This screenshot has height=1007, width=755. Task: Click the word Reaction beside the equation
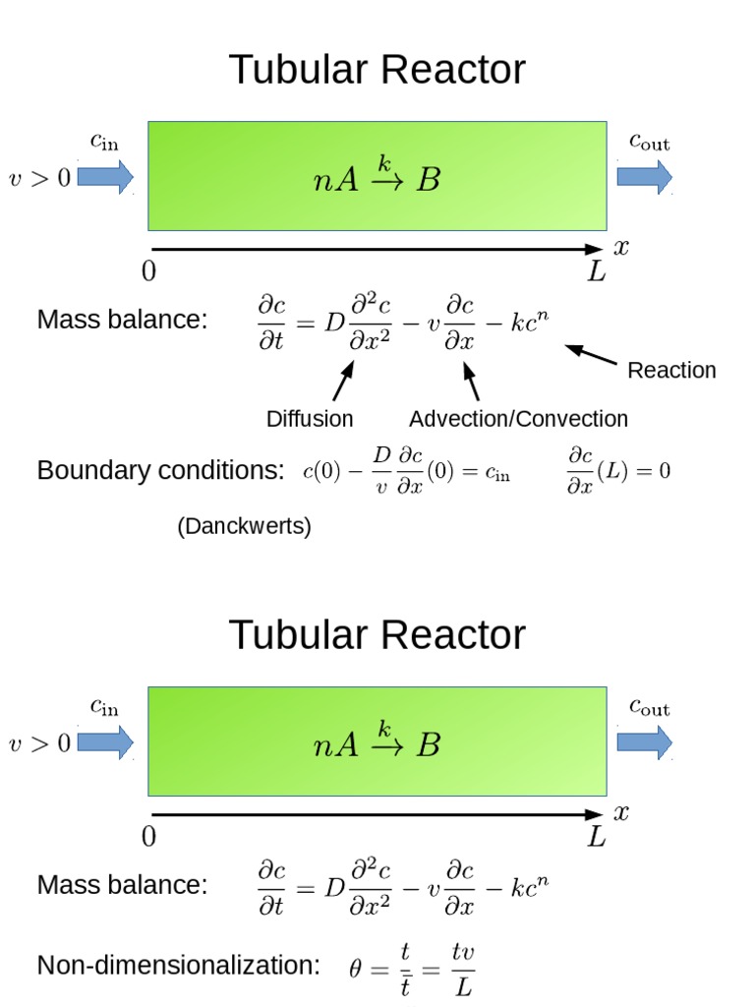tap(671, 370)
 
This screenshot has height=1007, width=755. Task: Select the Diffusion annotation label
tap(310, 419)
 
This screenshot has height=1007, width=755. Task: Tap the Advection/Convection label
tap(518, 419)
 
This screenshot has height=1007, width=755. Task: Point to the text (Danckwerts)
tap(244, 526)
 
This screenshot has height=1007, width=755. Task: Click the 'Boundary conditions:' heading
tap(161, 471)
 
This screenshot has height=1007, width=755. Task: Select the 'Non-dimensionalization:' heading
tap(178, 966)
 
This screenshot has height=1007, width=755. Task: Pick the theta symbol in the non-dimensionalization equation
tap(356, 969)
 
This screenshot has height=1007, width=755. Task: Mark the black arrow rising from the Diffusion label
tap(343, 382)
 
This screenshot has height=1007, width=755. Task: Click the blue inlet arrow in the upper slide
tap(104, 177)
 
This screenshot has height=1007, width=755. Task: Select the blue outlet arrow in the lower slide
tap(645, 741)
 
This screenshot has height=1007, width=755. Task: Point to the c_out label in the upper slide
tap(649, 143)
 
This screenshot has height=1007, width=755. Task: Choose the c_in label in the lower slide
tap(104, 706)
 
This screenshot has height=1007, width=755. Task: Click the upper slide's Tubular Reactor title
tap(377, 70)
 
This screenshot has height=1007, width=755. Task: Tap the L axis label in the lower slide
tap(597, 837)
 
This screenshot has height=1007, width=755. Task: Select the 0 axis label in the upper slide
tap(148, 271)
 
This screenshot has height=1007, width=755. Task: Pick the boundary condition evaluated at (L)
tap(617, 471)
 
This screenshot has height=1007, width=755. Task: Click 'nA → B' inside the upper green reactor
tap(377, 177)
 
